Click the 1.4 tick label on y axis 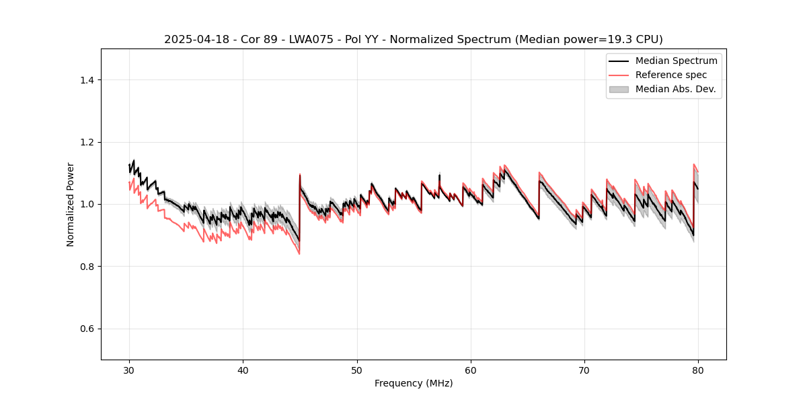pos(87,80)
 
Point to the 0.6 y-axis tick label pos(87,329)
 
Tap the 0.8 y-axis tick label pos(87,267)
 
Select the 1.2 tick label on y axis pos(87,142)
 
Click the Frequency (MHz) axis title pos(414,383)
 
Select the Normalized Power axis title pos(71,204)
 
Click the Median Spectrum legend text pos(676,61)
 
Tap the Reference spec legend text pos(671,75)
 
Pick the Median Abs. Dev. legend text pos(675,89)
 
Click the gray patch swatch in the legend pos(618,89)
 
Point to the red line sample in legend pos(618,75)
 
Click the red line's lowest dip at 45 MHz pos(299,254)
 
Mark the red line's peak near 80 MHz pos(694,164)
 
